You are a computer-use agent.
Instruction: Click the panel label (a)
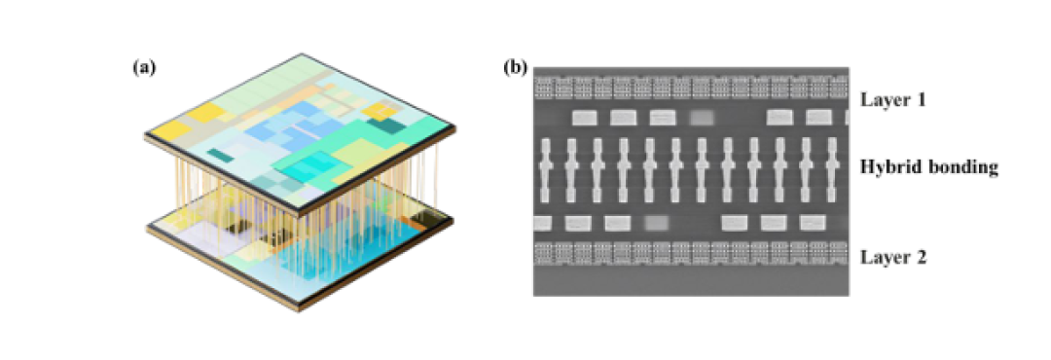click(x=144, y=67)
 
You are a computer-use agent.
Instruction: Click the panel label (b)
click(x=516, y=67)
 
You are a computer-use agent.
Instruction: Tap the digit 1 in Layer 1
click(x=917, y=100)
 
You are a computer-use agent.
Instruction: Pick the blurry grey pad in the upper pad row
click(x=703, y=118)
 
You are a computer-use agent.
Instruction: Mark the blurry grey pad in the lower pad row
click(x=656, y=223)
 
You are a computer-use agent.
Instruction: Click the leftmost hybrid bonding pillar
click(x=545, y=170)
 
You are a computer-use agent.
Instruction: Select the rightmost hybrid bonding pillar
click(x=832, y=170)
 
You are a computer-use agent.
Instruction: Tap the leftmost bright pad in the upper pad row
click(x=585, y=118)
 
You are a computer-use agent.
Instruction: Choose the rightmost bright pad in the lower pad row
click(x=813, y=223)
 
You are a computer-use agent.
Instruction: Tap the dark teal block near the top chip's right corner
click(x=382, y=124)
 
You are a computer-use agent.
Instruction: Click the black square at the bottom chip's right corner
click(x=429, y=219)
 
